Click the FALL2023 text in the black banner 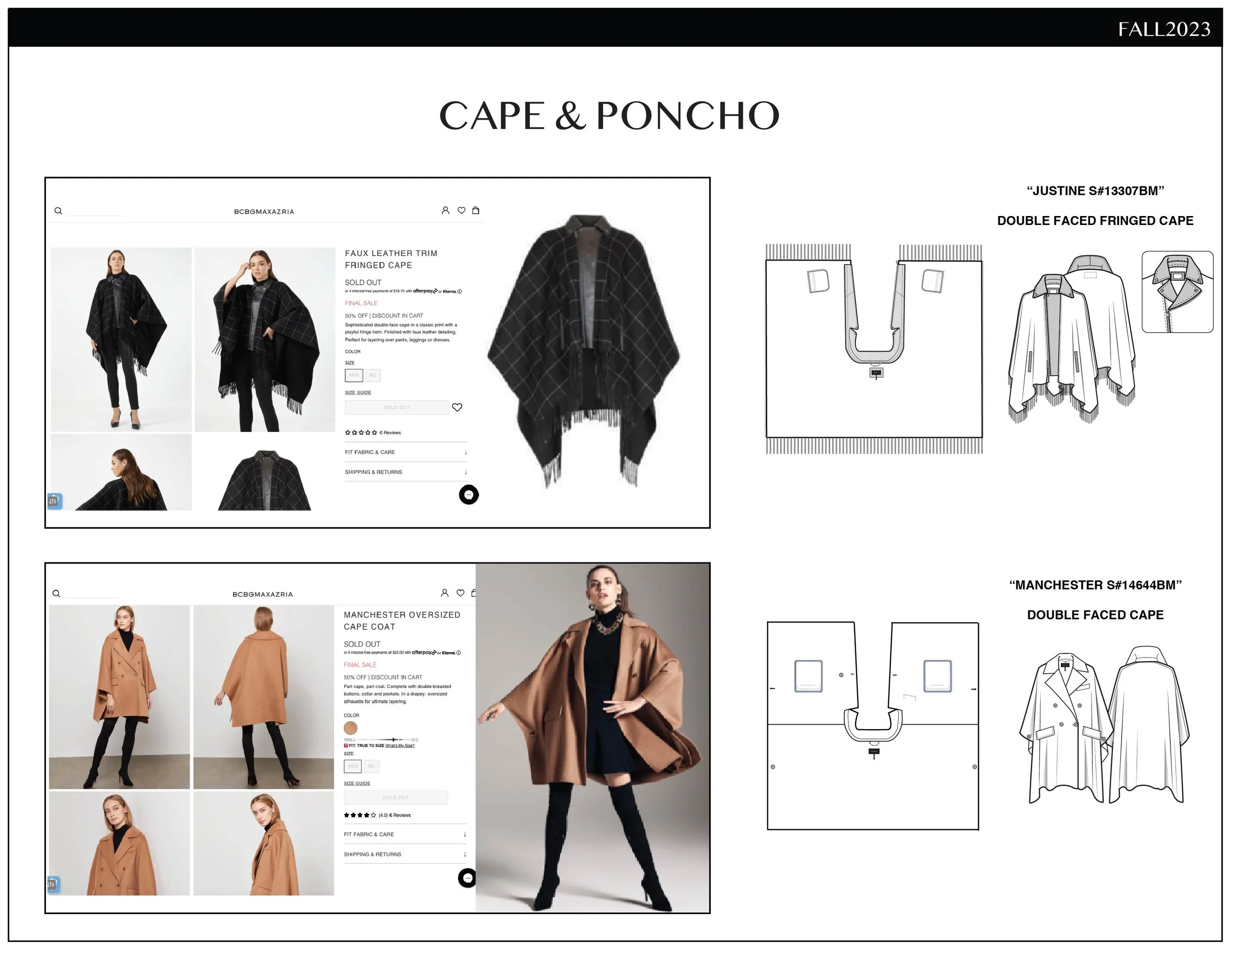click(1163, 29)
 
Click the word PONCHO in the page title click(687, 116)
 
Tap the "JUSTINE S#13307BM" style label click(1095, 191)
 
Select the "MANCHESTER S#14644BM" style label click(1095, 585)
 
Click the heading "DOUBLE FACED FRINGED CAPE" click(1095, 221)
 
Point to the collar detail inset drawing click(1177, 292)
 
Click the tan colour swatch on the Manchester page click(351, 728)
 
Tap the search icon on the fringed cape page click(58, 211)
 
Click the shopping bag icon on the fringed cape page click(476, 211)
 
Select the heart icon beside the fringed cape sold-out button click(457, 407)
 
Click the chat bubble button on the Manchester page click(467, 878)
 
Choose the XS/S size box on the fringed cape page click(354, 375)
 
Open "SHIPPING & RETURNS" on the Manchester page click(372, 854)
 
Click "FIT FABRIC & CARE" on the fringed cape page click(370, 452)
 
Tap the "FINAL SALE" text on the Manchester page click(360, 664)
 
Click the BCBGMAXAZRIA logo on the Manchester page click(262, 594)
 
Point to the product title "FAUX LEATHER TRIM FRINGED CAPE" click(391, 259)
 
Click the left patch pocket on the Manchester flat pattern click(808, 676)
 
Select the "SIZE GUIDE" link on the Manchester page click(357, 783)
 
